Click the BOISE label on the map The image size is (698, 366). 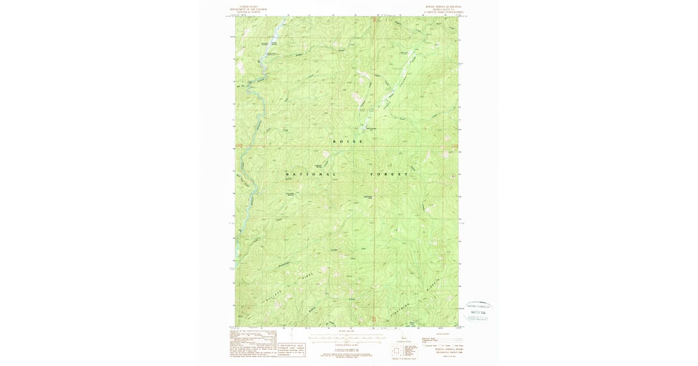point(348,142)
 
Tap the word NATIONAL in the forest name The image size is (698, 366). point(303,174)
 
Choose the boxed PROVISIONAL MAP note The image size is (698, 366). point(291,347)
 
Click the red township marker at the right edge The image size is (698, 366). point(455,146)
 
